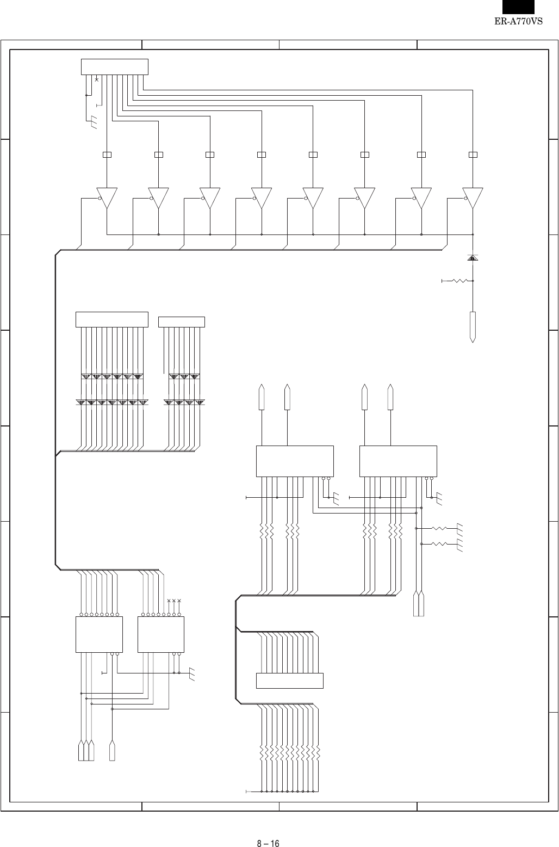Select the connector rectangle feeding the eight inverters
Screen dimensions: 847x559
114,66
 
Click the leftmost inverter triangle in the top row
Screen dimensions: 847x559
107,198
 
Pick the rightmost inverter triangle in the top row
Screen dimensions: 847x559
473,198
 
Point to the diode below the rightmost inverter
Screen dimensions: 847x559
473,257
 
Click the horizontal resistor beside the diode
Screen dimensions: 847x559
460,281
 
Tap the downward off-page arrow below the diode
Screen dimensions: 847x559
473,327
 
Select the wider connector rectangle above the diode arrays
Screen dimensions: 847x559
111,319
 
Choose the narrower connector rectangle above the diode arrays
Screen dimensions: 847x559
181,322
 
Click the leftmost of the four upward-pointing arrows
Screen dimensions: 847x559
262,397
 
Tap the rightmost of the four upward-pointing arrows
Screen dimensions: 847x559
390,397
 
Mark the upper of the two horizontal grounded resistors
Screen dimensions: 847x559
439,528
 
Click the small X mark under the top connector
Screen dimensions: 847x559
96,79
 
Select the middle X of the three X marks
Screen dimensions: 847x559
174,601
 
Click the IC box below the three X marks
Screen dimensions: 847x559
161,634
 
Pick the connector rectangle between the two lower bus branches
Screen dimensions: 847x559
289,681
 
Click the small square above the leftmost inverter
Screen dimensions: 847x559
107,154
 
